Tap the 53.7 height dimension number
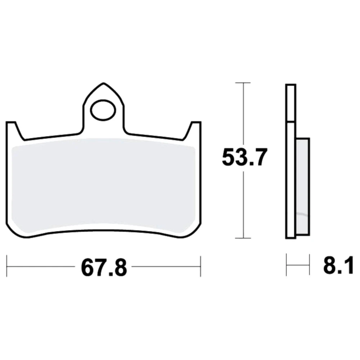(245, 157)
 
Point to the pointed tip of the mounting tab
(104, 83)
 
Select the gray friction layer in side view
(303, 186)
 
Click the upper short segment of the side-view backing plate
(291, 102)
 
